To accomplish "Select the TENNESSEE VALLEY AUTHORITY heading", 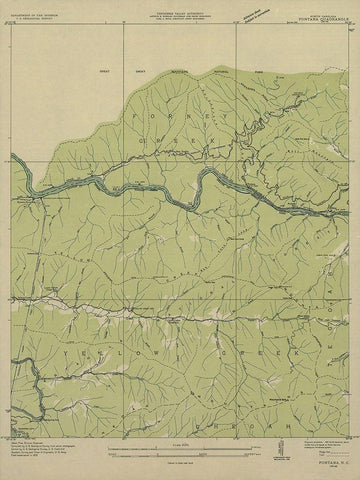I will tap(181, 8).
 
